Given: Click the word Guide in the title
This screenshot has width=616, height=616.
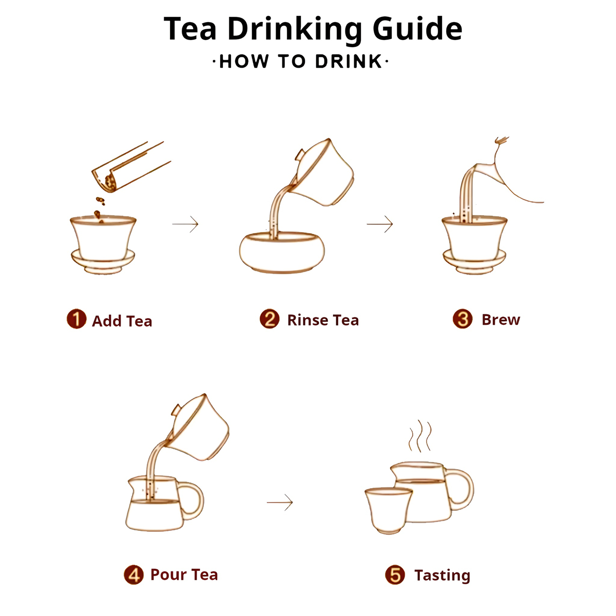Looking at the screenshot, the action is [x=417, y=29].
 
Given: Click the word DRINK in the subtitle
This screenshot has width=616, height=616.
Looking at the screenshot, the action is [x=349, y=62].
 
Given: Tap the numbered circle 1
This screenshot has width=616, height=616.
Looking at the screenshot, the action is [x=76, y=319].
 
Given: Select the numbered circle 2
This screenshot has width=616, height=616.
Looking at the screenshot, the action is [x=269, y=319].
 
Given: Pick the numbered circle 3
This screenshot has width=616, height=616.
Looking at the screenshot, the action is [x=463, y=319].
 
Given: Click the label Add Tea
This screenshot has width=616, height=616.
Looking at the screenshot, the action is [x=122, y=321].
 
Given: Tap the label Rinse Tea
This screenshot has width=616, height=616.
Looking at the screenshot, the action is [x=323, y=320].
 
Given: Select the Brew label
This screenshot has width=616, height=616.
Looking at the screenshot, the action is [x=501, y=319].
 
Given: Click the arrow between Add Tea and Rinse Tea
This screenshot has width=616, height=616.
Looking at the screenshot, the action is [x=185, y=224].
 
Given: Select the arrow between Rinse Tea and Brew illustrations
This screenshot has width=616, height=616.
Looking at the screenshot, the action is [x=380, y=224].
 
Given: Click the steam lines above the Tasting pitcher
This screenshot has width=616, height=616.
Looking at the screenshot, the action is [x=420, y=436].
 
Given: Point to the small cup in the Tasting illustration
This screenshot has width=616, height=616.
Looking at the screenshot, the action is [x=389, y=510].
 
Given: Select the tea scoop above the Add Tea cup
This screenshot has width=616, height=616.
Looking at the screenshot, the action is [x=131, y=167].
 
